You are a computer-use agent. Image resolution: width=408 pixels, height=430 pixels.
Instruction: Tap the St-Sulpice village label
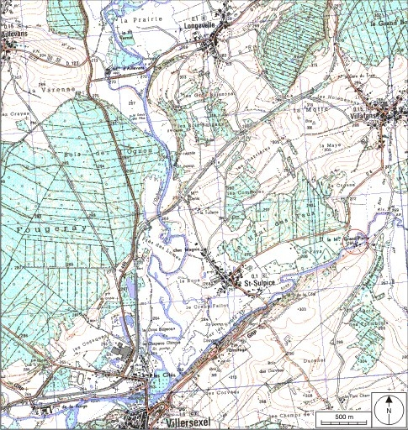(x=261, y=285)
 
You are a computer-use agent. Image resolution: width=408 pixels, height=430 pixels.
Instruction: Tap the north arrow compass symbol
(x=388, y=409)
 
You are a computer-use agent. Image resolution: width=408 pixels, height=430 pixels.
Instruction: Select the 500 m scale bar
(x=343, y=416)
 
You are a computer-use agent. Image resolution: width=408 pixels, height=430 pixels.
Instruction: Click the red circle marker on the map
(x=357, y=240)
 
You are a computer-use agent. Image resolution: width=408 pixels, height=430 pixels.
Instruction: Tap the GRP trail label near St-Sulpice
(x=251, y=333)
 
